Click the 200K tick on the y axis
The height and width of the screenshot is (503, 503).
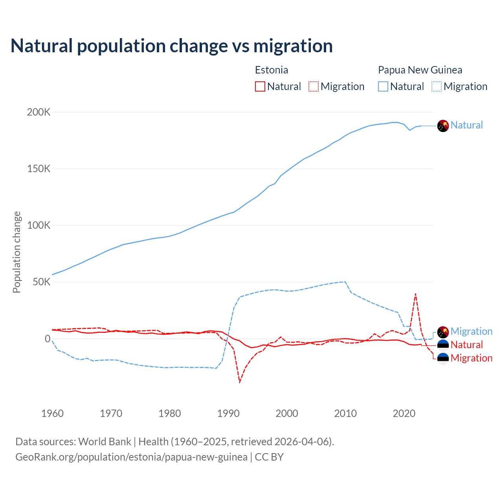click(x=39, y=112)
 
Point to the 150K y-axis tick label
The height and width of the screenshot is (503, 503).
click(x=39, y=169)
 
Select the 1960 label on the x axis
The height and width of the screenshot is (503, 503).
click(x=52, y=413)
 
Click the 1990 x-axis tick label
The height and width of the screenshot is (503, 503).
click(x=228, y=413)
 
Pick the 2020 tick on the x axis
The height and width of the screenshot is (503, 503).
click(x=404, y=413)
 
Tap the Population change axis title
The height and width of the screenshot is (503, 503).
click(x=17, y=252)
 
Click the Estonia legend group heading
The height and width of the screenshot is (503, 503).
click(x=272, y=70)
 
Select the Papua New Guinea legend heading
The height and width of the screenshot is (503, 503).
click(x=420, y=70)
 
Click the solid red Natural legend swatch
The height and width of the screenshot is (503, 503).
click(x=260, y=86)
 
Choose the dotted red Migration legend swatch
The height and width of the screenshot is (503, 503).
click(x=314, y=86)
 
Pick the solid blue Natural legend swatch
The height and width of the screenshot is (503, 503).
click(x=383, y=86)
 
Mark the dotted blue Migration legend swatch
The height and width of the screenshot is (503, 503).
click(x=437, y=86)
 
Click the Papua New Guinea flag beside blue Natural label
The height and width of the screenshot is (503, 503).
click(x=443, y=125)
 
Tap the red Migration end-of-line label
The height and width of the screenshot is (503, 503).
click(x=471, y=358)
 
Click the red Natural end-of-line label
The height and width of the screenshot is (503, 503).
click(x=466, y=345)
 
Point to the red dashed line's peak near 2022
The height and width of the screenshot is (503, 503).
click(x=415, y=294)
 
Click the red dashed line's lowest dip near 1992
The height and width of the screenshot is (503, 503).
click(x=240, y=382)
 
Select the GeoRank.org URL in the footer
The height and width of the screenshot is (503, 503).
click(x=131, y=457)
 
